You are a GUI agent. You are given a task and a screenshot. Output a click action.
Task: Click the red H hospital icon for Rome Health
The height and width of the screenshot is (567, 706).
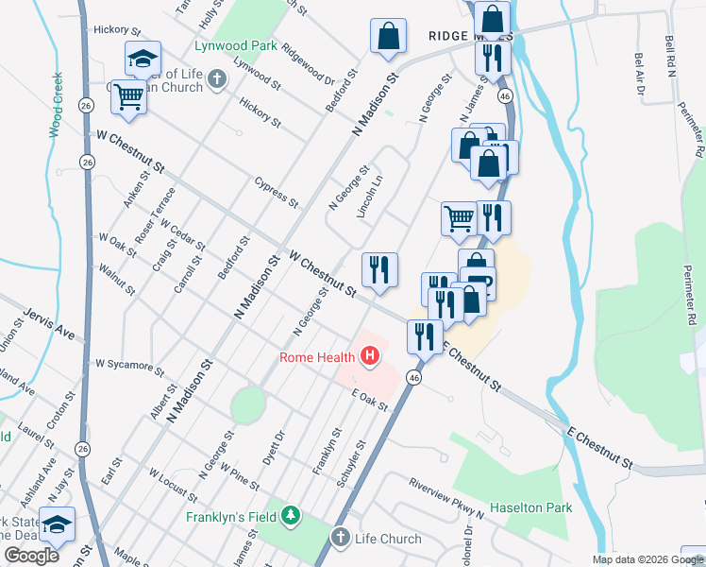370,356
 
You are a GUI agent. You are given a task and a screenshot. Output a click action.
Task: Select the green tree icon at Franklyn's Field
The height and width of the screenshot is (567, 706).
292,516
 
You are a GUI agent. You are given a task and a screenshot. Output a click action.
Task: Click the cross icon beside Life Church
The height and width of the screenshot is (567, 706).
341,538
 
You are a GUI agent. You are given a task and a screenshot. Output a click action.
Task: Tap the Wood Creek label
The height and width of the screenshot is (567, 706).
56,105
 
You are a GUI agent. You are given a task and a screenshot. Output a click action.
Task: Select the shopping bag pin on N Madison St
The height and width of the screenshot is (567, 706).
387,37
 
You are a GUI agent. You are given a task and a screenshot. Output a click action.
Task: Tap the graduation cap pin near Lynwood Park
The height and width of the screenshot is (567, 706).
143,60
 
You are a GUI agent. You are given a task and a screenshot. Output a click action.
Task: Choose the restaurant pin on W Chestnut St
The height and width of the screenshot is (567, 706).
379,269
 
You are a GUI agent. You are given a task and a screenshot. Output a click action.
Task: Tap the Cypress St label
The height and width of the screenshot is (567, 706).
277,191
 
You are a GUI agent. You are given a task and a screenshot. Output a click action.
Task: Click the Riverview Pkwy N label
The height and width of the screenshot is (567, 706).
445,498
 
